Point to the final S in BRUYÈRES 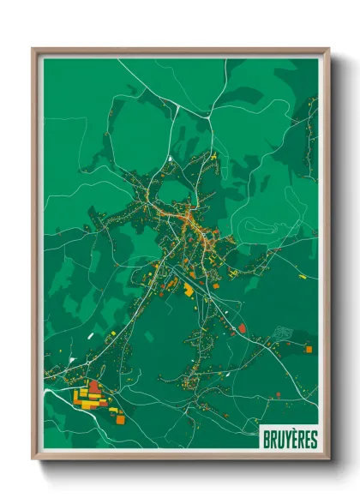click(x=314, y=439)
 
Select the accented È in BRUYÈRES click(x=294, y=439)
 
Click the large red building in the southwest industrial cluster click(x=93, y=387)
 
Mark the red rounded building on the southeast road click(x=242, y=327)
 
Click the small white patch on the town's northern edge click(x=171, y=159)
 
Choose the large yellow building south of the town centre click(x=189, y=291)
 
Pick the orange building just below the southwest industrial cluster click(x=119, y=419)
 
